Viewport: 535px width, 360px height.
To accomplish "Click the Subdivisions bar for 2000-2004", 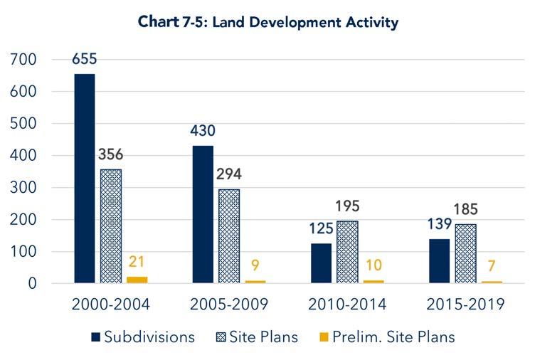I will click(x=84, y=179).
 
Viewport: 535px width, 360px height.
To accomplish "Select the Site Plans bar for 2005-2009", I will click(x=229, y=236).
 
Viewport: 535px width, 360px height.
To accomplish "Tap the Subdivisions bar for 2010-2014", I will click(x=321, y=263).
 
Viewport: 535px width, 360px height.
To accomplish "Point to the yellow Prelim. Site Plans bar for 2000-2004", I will click(x=137, y=280).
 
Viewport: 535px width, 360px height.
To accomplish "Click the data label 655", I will click(x=84, y=59).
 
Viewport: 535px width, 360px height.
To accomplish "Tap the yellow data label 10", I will click(x=374, y=265).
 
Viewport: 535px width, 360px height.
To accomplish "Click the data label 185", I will click(x=465, y=210).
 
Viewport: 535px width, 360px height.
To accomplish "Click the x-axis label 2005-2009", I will click(x=228, y=305).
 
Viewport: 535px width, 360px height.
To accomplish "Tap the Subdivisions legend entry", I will click(x=142, y=337).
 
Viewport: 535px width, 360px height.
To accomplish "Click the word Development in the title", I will click(x=263, y=23).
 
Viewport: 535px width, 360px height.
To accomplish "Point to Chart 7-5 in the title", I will click(x=161, y=23).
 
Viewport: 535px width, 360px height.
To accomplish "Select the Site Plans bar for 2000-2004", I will click(x=110, y=226).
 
